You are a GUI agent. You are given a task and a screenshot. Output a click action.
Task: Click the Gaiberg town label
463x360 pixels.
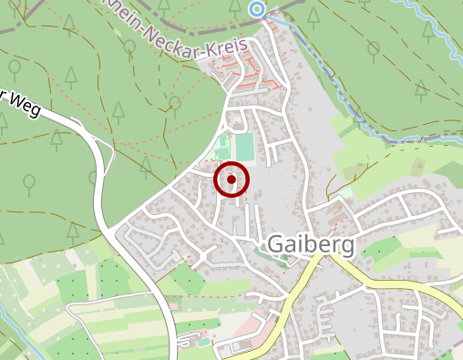(310, 244)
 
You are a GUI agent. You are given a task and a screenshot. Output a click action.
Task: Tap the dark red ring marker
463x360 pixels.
(231, 180)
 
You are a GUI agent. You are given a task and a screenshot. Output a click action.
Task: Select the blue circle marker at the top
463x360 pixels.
(257, 9)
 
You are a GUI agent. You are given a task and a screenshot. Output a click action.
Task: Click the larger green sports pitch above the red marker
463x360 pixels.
(243, 146)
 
